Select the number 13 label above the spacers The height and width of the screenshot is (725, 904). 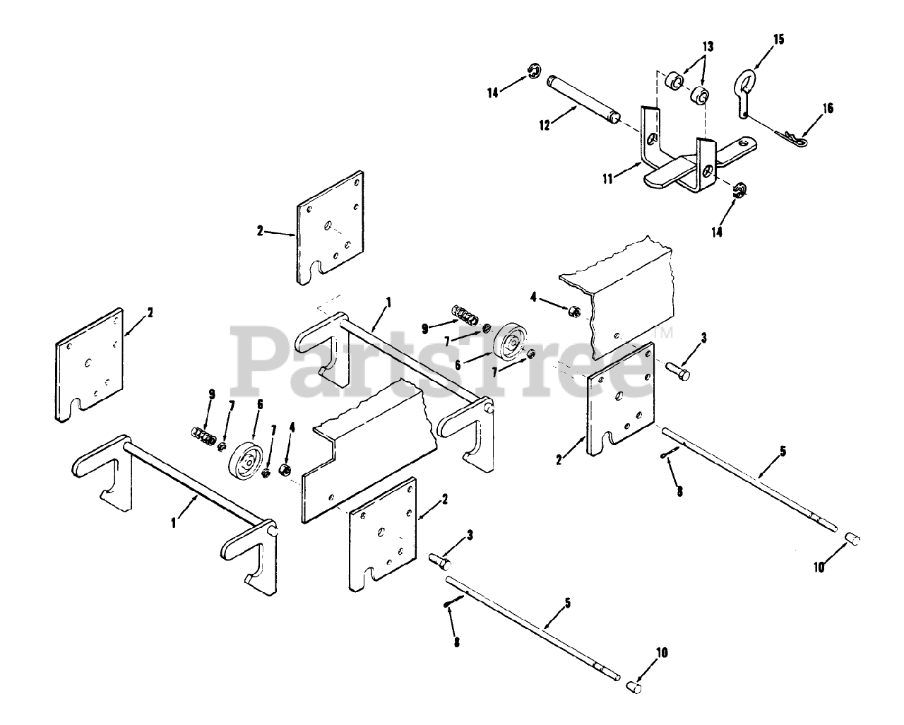[x=707, y=47]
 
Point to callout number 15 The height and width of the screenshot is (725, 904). [x=778, y=39]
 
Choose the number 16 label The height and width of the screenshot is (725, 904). [x=828, y=108]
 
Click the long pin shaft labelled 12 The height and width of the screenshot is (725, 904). [x=584, y=99]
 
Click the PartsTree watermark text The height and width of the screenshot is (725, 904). [x=445, y=360]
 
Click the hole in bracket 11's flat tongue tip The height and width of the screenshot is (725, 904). [x=742, y=144]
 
